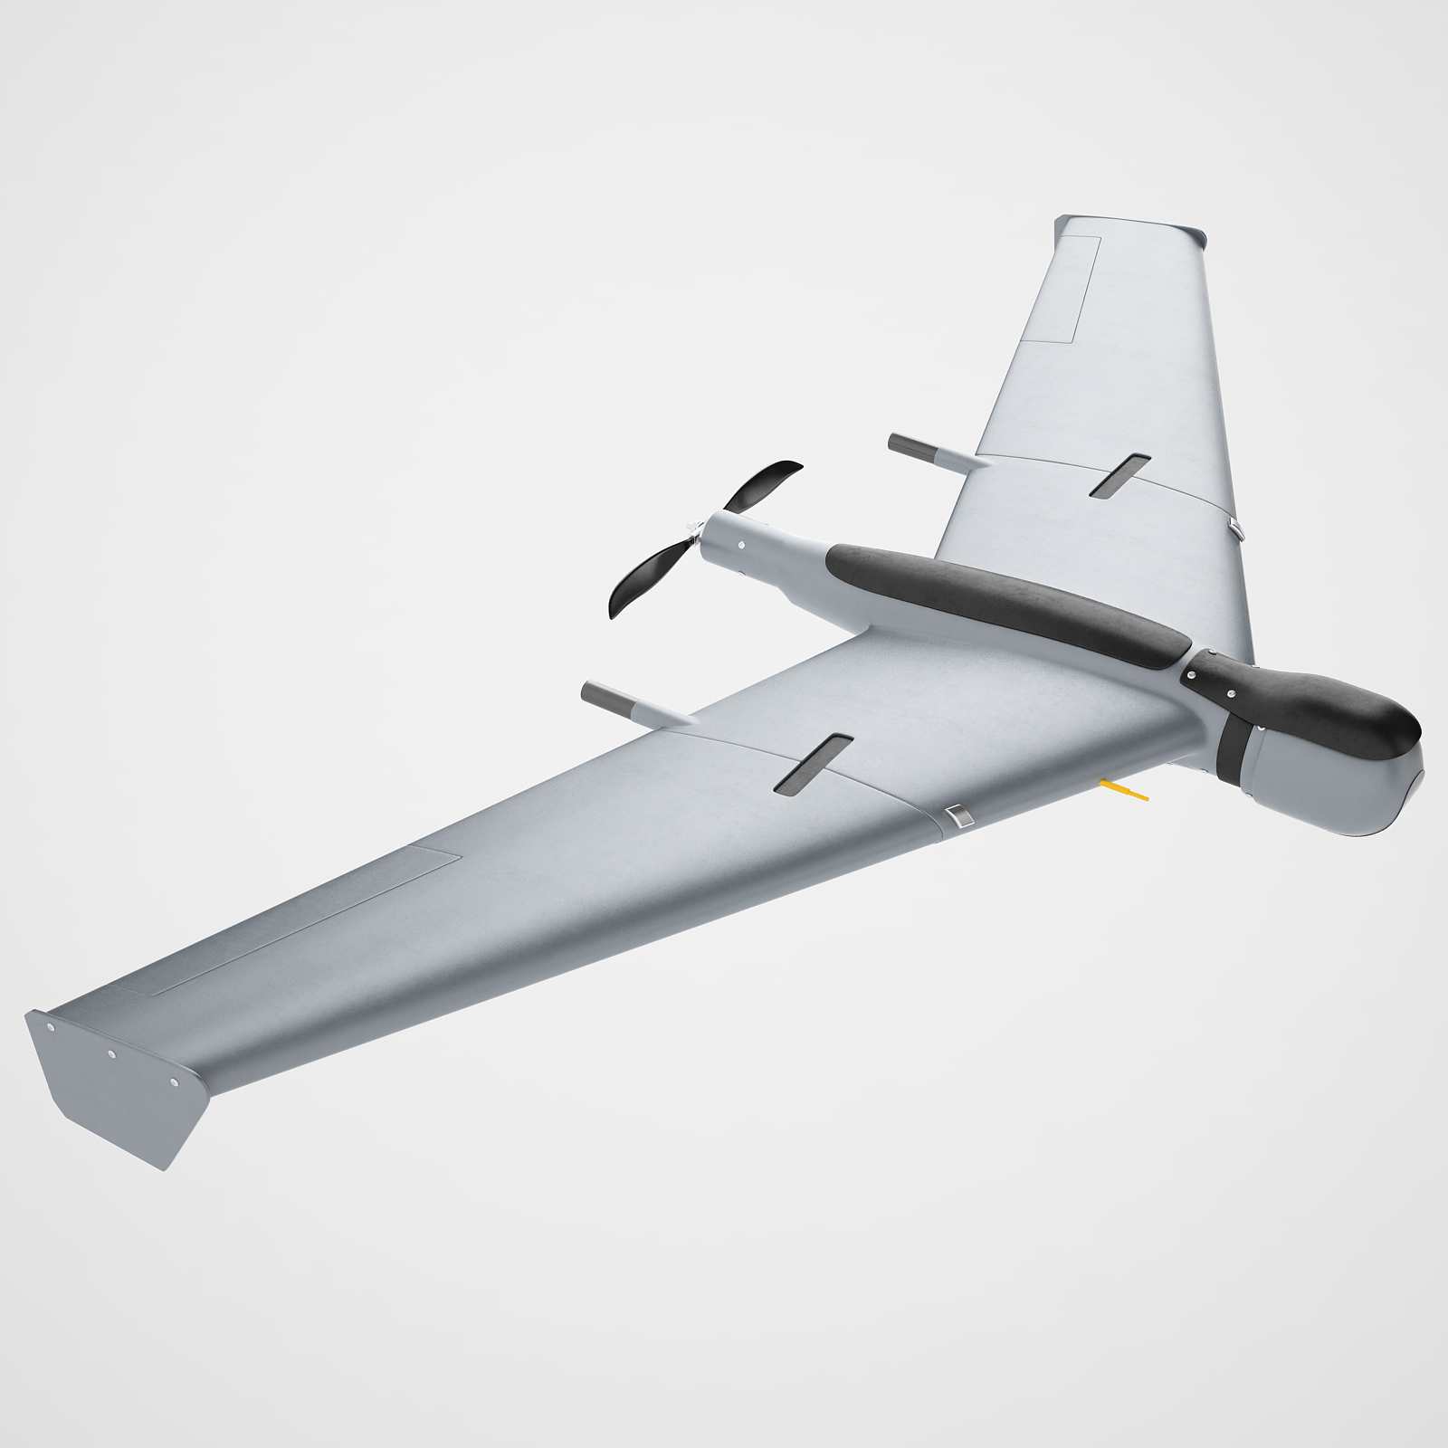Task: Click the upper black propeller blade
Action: [x=760, y=489]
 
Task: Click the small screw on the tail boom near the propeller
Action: [x=742, y=546]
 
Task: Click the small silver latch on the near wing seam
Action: [x=959, y=817]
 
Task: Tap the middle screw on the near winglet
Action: [x=111, y=1053]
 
